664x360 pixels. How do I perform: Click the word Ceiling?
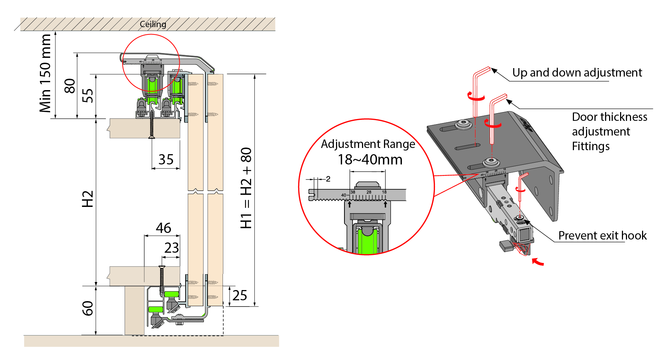point(153,24)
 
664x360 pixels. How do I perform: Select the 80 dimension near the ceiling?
point(70,86)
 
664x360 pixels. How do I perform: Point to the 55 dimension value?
point(87,96)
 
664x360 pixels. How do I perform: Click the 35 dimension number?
point(166,160)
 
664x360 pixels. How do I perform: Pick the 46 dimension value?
point(163,228)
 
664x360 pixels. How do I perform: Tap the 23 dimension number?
point(171,248)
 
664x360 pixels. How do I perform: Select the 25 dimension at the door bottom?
point(240,296)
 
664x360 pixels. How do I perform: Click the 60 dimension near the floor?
point(88,308)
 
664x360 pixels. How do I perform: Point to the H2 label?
point(88,199)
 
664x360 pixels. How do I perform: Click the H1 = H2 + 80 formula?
point(246,188)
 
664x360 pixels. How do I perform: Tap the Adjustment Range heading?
point(368,144)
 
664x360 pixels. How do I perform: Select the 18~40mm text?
point(370,160)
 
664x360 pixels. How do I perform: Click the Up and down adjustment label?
point(577,73)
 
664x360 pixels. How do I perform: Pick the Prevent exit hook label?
point(603,235)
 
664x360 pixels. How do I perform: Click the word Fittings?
point(591,146)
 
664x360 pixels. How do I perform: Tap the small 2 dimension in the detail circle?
point(328,179)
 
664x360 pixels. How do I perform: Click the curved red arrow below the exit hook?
point(538,261)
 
